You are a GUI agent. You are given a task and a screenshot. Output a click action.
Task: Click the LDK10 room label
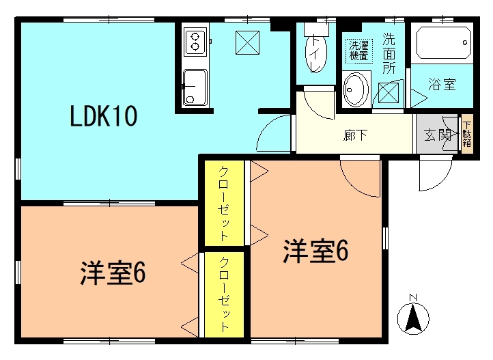click(103, 116)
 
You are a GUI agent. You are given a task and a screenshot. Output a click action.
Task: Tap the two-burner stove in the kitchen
click(195, 42)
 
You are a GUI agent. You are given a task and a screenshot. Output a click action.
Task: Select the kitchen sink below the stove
click(195, 87)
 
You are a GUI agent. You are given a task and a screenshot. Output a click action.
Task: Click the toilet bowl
click(315, 53)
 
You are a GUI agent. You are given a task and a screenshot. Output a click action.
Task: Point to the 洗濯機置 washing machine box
click(358, 51)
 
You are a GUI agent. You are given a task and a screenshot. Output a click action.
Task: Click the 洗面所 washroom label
click(389, 53)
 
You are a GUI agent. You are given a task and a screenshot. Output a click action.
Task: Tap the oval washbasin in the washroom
click(356, 89)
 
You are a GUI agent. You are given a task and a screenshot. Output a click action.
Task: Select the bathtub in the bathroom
click(444, 43)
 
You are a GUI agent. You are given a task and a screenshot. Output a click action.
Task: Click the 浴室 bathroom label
click(442, 84)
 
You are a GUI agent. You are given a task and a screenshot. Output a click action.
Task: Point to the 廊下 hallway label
click(355, 136)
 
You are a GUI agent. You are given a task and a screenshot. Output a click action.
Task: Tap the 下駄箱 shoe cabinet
click(467, 135)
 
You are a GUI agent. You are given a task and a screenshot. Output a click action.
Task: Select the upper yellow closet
click(225, 203)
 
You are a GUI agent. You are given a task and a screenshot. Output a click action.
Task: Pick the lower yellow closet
click(225, 294)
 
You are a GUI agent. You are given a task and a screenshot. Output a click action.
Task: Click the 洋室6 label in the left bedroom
click(113, 273)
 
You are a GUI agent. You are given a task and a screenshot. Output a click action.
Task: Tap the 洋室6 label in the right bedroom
click(315, 251)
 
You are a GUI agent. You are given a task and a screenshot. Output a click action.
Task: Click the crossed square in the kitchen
click(247, 42)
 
